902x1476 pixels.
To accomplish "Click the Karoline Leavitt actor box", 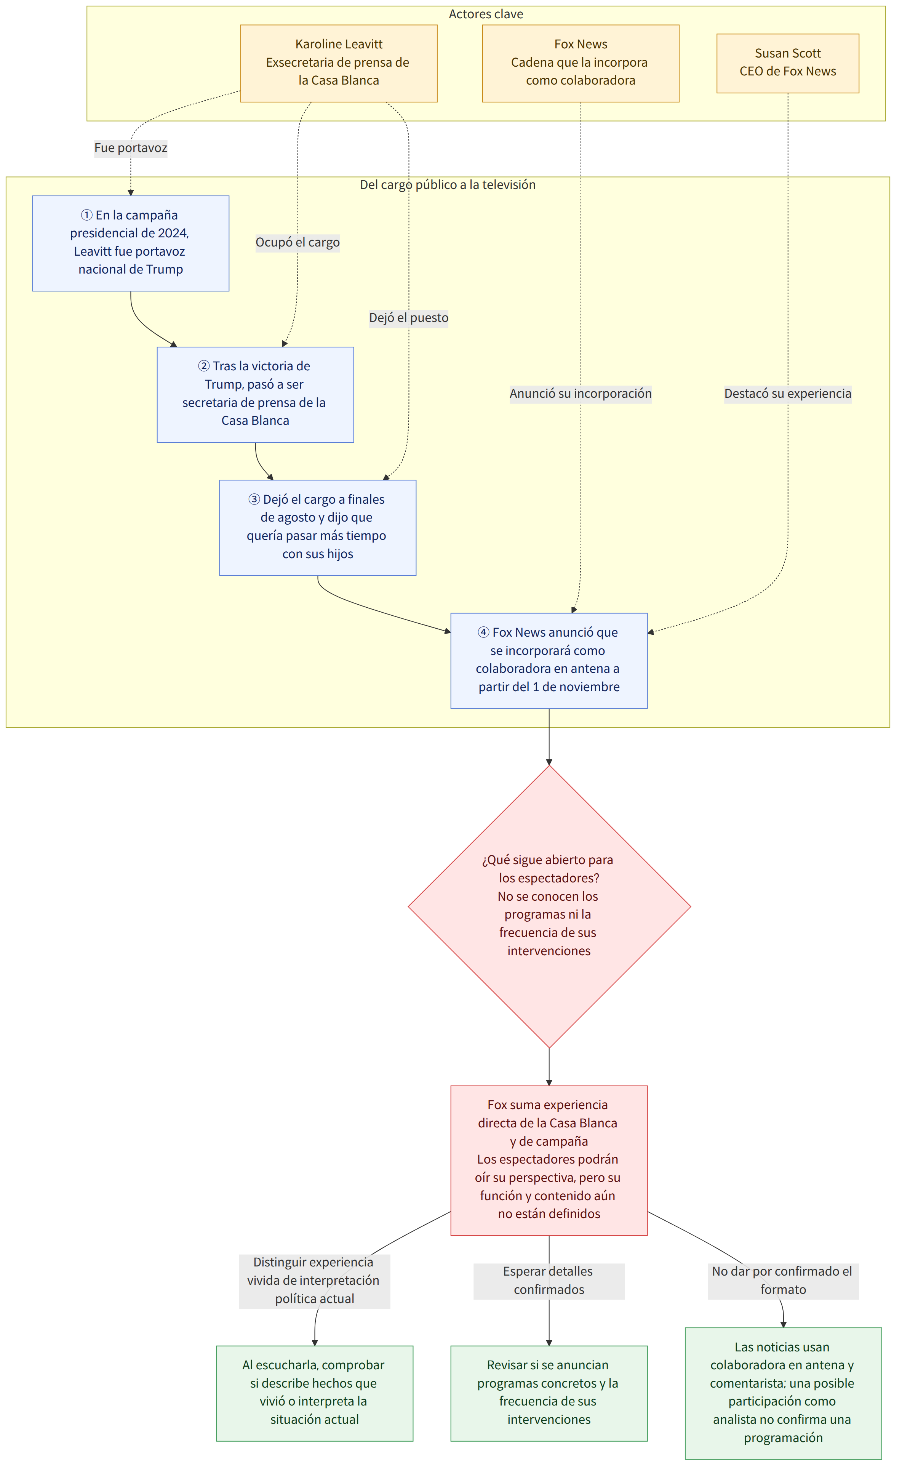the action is click(339, 64).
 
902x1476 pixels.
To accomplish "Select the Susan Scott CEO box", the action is click(788, 64).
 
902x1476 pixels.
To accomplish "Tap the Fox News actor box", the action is click(581, 64).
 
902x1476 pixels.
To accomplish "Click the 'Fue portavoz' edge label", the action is click(131, 148).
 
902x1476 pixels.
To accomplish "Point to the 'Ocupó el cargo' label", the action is click(297, 243).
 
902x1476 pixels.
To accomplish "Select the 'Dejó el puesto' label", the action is click(408, 318).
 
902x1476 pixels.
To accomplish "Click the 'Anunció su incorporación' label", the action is click(581, 394).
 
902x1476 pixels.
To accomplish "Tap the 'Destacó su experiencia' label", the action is click(788, 394).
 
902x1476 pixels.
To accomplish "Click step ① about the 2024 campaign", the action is click(131, 243).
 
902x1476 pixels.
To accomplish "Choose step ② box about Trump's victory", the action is click(255, 395).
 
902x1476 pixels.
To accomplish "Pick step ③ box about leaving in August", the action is click(317, 528).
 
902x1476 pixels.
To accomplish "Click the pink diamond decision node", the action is click(549, 907).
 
